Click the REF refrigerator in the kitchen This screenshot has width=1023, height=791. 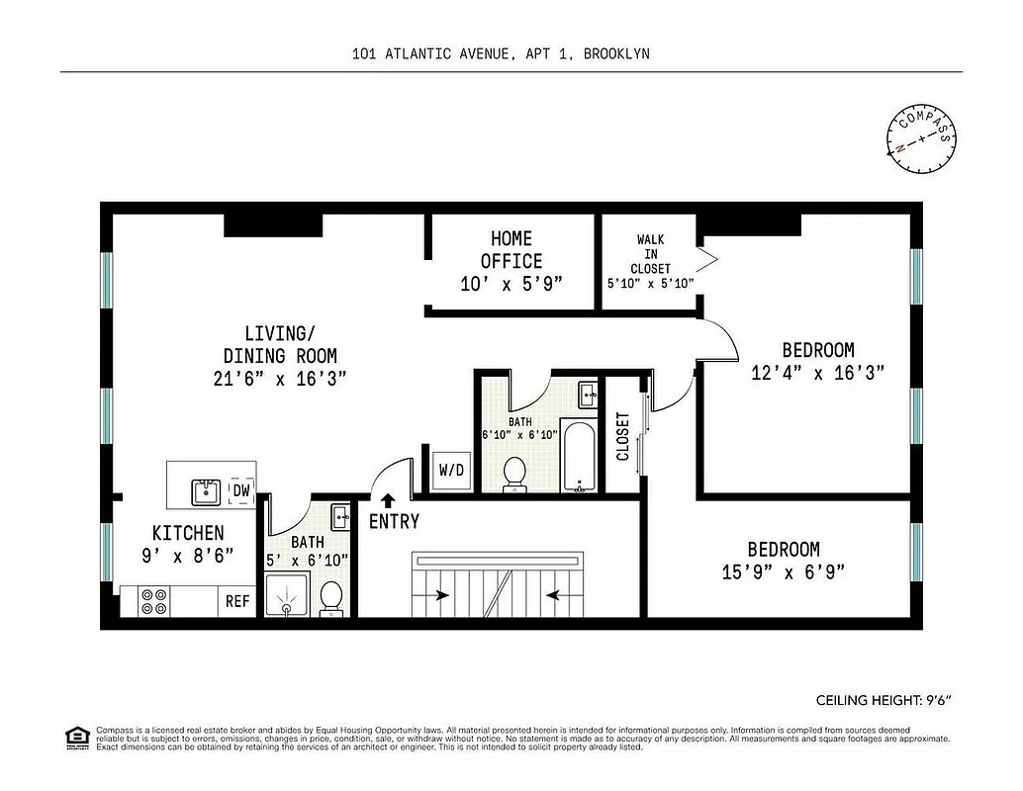click(237, 600)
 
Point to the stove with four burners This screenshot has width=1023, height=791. click(154, 601)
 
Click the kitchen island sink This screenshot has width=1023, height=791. click(207, 489)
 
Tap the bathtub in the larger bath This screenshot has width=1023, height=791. click(579, 456)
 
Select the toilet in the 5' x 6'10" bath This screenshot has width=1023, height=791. click(332, 597)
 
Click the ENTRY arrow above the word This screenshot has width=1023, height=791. click(388, 501)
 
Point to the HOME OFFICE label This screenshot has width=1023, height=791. click(511, 249)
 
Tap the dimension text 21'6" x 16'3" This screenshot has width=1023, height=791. click(280, 378)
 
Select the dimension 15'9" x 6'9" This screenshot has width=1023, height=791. click(783, 571)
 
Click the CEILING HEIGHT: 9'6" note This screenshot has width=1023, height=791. click(883, 701)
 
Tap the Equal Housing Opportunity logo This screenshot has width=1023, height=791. click(75, 737)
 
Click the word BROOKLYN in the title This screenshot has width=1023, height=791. click(615, 54)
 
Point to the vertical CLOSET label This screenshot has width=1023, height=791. click(623, 436)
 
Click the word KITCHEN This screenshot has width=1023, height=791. click(188, 533)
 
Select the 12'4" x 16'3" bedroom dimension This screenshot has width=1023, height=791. click(817, 372)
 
